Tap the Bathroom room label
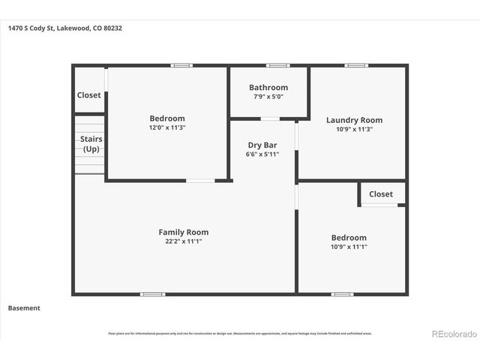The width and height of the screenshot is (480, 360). (268, 88)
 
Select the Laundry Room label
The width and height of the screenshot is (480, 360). (354, 120)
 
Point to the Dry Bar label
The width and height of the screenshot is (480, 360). (262, 145)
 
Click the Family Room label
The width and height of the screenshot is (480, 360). (183, 232)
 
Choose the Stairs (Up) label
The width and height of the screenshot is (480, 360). (91, 144)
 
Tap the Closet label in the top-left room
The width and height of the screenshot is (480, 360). (88, 95)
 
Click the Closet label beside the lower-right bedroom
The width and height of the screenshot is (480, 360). (380, 194)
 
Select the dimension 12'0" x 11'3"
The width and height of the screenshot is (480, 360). (167, 128)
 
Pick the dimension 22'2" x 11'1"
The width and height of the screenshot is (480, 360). (183, 241)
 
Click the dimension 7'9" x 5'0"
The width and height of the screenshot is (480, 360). (268, 97)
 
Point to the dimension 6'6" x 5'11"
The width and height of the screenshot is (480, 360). (262, 154)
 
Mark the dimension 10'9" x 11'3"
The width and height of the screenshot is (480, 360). (354, 129)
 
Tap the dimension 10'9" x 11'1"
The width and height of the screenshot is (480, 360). (349, 247)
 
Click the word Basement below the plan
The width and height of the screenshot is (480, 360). (24, 308)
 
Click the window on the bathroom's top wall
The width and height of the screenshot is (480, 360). (278, 65)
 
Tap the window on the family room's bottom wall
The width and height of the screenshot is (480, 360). (152, 294)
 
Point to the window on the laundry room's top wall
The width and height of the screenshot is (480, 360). (356, 65)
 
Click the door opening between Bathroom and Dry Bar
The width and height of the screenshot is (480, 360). (270, 118)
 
